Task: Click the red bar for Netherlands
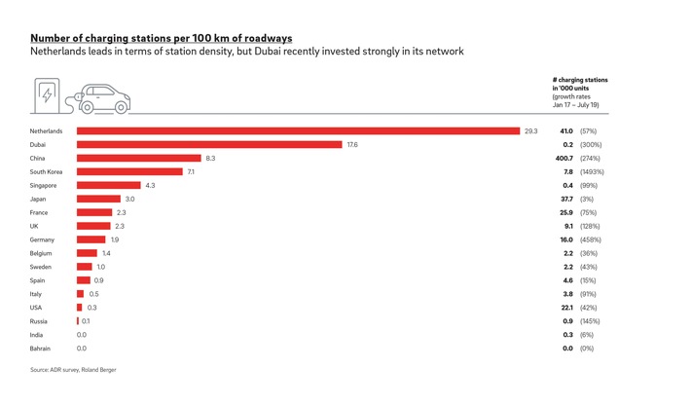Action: [x=298, y=130]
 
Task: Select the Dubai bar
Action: [x=209, y=144]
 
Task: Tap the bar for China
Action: [x=139, y=158]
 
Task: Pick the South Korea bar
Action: [x=129, y=171]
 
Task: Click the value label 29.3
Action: [x=531, y=130]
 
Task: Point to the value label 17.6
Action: [x=352, y=144]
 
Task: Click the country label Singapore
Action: [x=44, y=185]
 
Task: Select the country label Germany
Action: [x=42, y=239]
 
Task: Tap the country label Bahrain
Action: [x=41, y=349]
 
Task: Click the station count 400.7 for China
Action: [x=563, y=158]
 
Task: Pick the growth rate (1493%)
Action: [x=592, y=171]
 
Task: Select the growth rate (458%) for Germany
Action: [x=590, y=239]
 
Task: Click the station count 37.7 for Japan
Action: [x=565, y=199]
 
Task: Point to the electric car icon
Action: [x=103, y=97]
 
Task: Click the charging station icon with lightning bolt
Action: [x=47, y=95]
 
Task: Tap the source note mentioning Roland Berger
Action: [x=73, y=370]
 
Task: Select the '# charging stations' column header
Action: [x=585, y=80]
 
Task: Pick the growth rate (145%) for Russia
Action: [x=590, y=321]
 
